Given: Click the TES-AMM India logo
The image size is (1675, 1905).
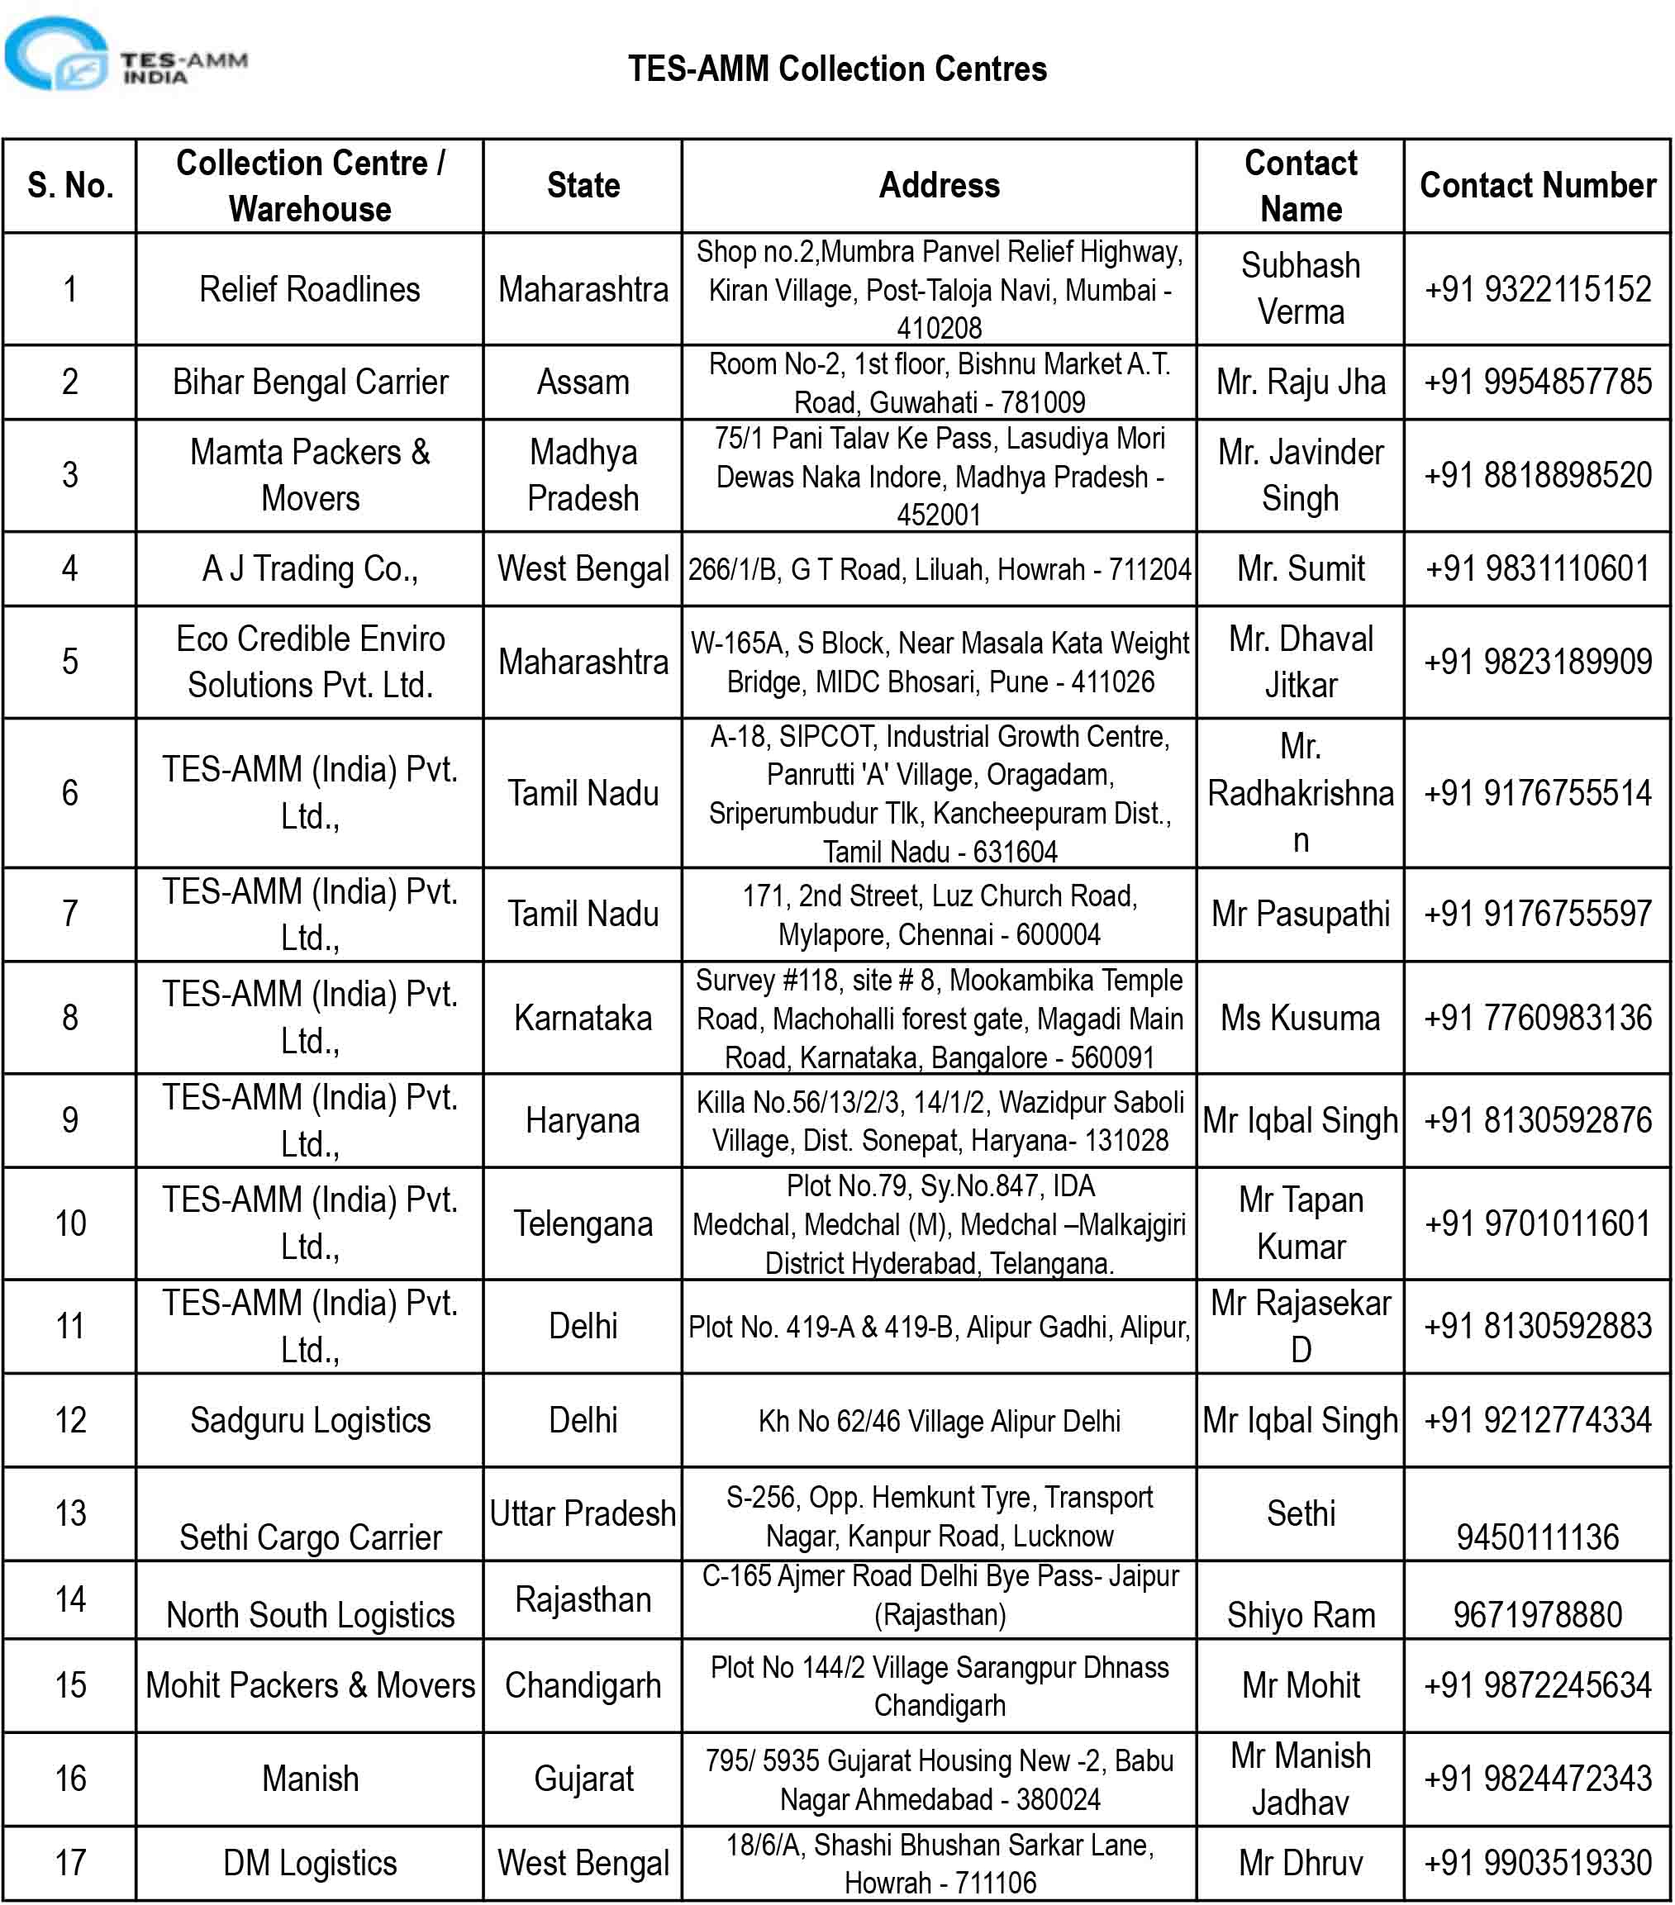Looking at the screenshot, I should coord(126,56).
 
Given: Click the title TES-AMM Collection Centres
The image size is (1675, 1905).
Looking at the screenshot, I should coord(836,69).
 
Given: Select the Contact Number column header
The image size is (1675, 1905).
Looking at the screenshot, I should coord(1536,186).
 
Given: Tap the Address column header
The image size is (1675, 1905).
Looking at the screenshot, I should coord(939,186).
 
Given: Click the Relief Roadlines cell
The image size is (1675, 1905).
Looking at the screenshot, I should coord(309,289).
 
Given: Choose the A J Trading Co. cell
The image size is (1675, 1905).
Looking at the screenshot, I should coord(309,568).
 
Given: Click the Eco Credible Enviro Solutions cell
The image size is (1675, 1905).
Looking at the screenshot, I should coord(309,662).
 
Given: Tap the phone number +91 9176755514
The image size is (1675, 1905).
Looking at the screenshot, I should coord(1536,793).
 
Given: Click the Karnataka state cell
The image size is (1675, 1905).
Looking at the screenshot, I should coord(583,1018).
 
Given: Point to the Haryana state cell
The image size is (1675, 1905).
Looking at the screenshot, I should coord(583,1120).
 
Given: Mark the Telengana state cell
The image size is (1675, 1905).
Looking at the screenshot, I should coord(583,1223).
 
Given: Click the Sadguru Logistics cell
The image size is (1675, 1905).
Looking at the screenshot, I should coord(309,1420).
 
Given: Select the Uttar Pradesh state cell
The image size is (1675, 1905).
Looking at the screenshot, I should coord(583,1513).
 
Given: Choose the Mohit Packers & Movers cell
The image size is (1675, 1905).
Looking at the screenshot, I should coord(309,1685).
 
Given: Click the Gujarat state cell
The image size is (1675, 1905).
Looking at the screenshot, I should coord(583,1779).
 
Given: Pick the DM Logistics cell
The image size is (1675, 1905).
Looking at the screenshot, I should coord(309,1863).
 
